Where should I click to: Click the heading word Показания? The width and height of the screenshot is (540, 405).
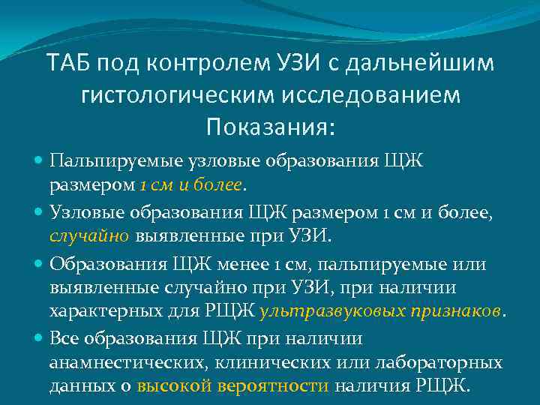(268, 127)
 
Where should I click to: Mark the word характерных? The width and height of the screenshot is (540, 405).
(105, 310)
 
